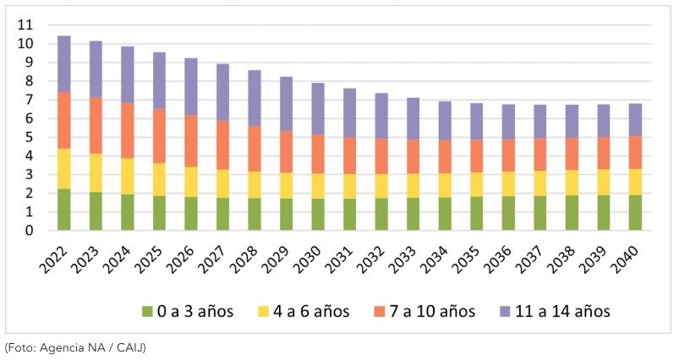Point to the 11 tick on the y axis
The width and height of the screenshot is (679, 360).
click(25, 25)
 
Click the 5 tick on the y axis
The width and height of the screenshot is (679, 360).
click(29, 138)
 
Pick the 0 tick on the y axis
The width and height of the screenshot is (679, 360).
click(29, 231)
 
